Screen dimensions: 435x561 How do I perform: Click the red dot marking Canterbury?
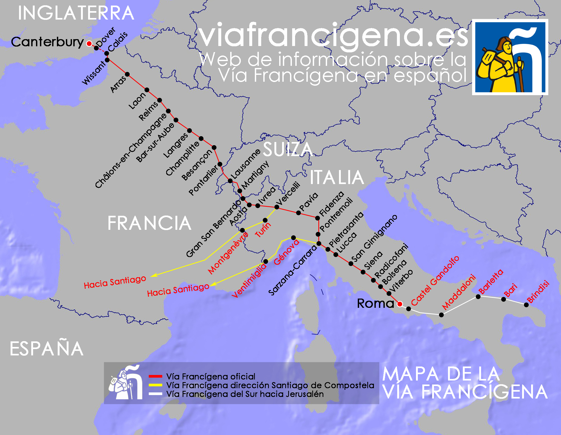pos(89,43)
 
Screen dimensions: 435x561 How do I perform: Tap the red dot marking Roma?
pos(400,304)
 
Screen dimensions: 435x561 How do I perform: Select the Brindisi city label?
pos(538,291)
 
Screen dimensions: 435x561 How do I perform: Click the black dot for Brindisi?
pos(526,305)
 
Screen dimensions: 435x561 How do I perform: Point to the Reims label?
pos(148,111)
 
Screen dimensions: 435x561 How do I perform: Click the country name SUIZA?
pos(288,149)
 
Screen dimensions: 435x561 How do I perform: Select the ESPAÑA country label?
pos(47,349)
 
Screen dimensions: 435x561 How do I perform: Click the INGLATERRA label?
pos(76,13)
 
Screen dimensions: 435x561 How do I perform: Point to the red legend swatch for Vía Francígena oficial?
pos(155,376)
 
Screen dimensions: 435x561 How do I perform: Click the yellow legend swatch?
pos(155,385)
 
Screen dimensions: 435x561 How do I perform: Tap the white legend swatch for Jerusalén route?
pos(155,394)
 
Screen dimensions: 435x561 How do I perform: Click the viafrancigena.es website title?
pos(333,35)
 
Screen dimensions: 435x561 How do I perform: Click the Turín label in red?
pos(263,230)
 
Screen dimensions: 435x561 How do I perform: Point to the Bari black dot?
pos(504,299)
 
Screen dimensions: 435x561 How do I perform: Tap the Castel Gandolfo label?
pos(435,281)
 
